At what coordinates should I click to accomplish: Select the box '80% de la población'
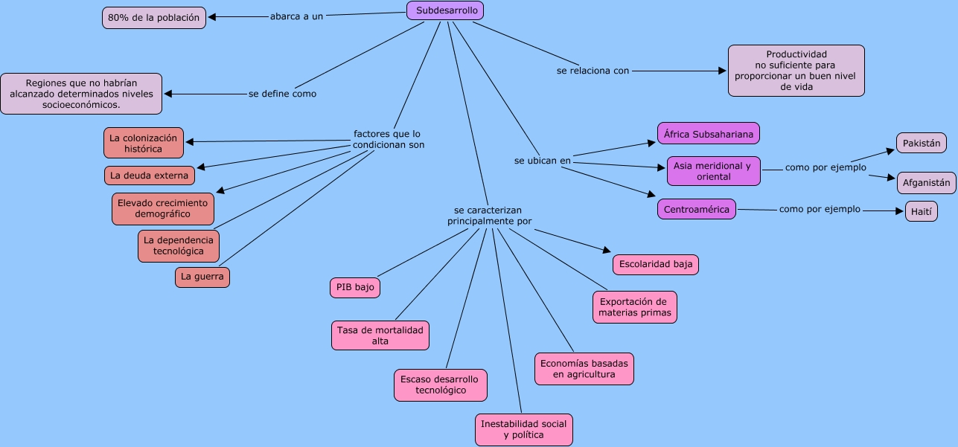pos(154,17)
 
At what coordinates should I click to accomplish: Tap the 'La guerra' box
pos(202,277)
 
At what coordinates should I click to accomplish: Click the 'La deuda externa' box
pos(150,176)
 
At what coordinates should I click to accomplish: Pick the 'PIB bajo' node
pos(355,288)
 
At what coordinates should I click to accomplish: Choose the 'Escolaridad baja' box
pos(656,264)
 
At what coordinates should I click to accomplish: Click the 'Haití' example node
pos(922,211)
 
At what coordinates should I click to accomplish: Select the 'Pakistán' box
pos(922,143)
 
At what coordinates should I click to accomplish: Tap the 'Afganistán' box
pos(926,182)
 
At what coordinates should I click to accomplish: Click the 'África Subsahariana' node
pos(709,134)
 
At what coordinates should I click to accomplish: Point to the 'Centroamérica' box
pos(697,209)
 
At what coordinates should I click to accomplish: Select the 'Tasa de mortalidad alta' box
pos(380,335)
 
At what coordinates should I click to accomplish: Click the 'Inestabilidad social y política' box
pos(523,429)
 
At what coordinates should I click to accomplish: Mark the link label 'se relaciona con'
pos(593,71)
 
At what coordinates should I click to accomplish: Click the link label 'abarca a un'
pos(296,16)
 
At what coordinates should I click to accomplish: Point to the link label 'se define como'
pos(282,94)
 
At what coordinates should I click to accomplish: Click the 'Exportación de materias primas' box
pos(635,307)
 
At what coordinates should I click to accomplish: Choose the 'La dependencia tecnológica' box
pos(179,245)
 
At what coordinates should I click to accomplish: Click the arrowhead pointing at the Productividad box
pos(722,71)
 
